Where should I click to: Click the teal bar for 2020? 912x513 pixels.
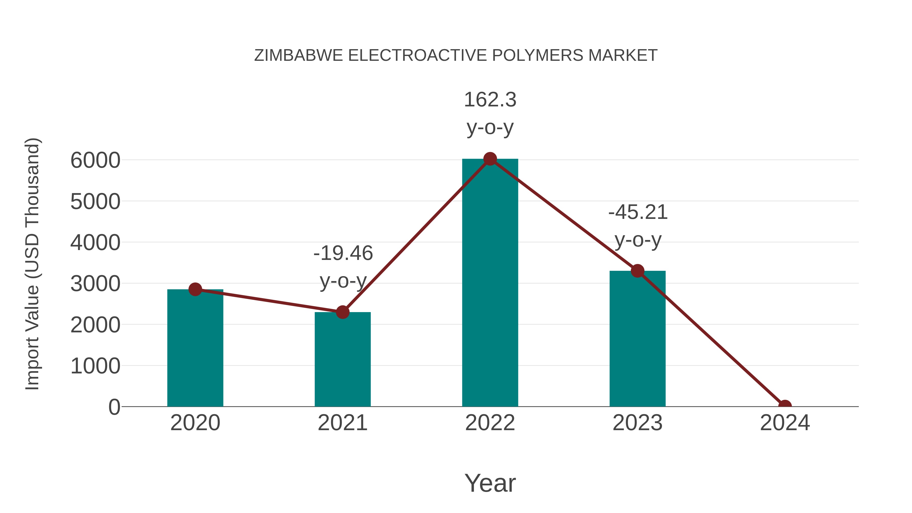click(195, 349)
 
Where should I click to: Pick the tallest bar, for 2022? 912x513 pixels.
click(490, 283)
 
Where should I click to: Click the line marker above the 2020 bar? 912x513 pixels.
click(195, 289)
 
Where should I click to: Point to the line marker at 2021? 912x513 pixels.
click(342, 312)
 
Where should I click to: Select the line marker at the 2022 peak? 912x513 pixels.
click(490, 159)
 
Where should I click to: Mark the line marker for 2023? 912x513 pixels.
click(637, 271)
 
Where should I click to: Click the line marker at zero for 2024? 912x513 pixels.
click(785, 406)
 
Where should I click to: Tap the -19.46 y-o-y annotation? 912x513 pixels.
click(343, 267)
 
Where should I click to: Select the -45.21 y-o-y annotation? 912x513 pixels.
click(638, 226)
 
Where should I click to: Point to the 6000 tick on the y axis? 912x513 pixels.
click(95, 160)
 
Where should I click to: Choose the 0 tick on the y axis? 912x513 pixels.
click(114, 407)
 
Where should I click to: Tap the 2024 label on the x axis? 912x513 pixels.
click(785, 423)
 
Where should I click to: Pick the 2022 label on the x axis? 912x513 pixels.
click(490, 423)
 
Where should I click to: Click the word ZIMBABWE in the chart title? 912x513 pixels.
click(298, 55)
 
